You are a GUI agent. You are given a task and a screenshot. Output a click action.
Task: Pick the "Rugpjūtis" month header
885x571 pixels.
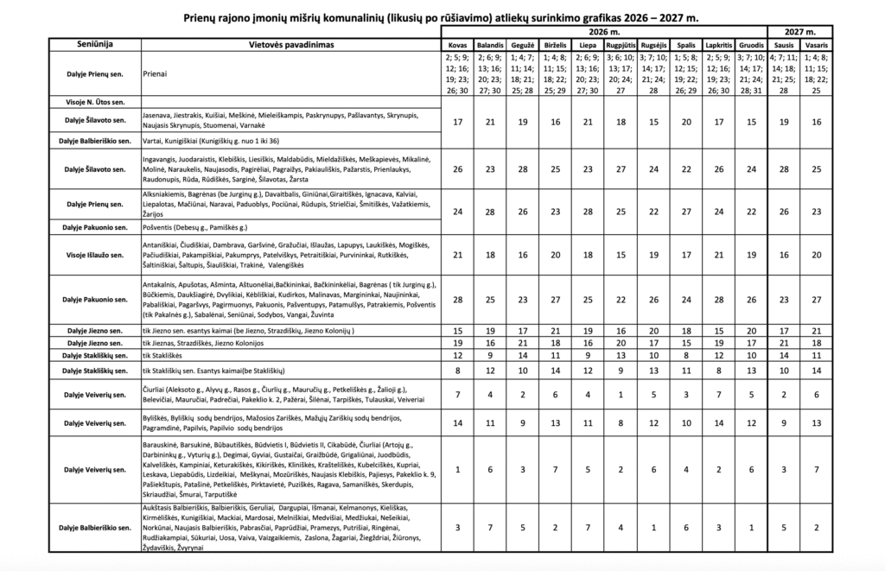point(621,44)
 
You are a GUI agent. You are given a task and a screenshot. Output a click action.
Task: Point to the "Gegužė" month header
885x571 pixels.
point(524,44)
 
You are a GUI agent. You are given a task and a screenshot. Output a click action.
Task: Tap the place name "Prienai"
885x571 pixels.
point(156,74)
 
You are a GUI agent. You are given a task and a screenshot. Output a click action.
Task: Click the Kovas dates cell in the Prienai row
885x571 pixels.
point(456,73)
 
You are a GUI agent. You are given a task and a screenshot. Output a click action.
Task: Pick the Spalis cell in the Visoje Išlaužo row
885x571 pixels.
point(686,255)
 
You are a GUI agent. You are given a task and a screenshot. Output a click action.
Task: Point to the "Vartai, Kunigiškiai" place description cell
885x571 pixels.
point(211,140)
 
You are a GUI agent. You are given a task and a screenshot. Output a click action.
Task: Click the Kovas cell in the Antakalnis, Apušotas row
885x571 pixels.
point(456,300)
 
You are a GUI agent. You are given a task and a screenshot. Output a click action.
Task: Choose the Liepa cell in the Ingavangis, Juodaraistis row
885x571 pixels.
point(589,168)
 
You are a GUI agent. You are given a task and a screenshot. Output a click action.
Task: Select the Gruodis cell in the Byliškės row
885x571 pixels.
point(752,424)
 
